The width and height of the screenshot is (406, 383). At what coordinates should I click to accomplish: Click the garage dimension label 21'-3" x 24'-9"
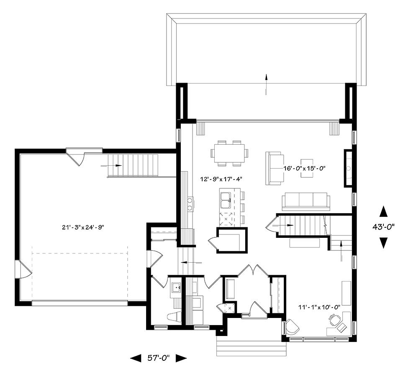coord(83,227)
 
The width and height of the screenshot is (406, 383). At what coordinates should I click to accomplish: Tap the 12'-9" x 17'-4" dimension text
coord(221,179)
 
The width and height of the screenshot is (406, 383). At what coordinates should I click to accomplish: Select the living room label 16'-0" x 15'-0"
coord(304,168)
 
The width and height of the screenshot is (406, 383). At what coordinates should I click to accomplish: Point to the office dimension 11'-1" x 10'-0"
coord(319,307)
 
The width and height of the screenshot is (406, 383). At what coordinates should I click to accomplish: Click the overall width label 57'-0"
coord(159,358)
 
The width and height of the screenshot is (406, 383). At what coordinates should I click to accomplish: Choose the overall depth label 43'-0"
coord(383,227)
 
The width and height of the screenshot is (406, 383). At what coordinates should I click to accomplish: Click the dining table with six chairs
coord(229,154)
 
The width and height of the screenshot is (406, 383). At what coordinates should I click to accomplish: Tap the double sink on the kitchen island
coord(225,200)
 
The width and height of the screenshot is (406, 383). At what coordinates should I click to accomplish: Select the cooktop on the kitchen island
coord(226,219)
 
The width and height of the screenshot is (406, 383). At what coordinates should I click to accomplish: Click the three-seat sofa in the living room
coord(306,202)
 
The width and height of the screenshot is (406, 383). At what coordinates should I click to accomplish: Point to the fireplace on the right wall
coord(348,168)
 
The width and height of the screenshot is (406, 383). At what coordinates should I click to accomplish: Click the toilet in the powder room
coord(174,317)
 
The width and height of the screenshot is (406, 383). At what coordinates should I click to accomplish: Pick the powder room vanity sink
coord(177,287)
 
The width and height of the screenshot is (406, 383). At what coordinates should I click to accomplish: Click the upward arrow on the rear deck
coord(266,84)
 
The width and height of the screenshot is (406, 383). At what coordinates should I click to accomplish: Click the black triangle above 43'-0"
coord(383,211)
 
